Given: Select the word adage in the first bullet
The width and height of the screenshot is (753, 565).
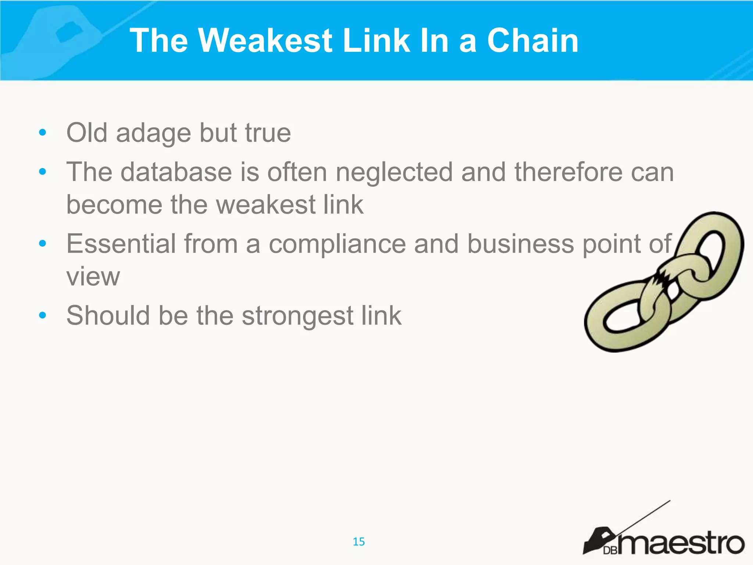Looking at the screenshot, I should click(x=153, y=133).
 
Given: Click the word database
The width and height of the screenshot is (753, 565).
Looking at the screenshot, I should click(x=176, y=172).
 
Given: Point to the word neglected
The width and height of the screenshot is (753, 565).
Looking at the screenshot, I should click(x=394, y=172).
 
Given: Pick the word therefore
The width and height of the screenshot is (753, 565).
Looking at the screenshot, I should click(x=568, y=172).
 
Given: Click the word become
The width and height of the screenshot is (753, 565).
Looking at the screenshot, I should click(x=114, y=205).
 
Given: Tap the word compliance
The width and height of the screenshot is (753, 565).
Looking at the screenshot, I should click(x=337, y=244).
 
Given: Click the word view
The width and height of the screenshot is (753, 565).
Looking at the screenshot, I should click(x=93, y=277).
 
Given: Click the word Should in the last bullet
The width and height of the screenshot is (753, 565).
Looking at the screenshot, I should click(x=108, y=316).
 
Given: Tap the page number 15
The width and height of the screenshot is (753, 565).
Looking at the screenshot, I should click(x=358, y=541).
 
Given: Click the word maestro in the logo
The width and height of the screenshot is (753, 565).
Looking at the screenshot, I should click(x=680, y=543).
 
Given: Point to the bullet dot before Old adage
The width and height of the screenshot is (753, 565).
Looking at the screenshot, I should click(x=43, y=132).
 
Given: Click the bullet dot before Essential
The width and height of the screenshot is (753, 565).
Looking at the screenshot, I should click(x=43, y=243).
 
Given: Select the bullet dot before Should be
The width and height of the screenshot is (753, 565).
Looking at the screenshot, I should click(x=43, y=315).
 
